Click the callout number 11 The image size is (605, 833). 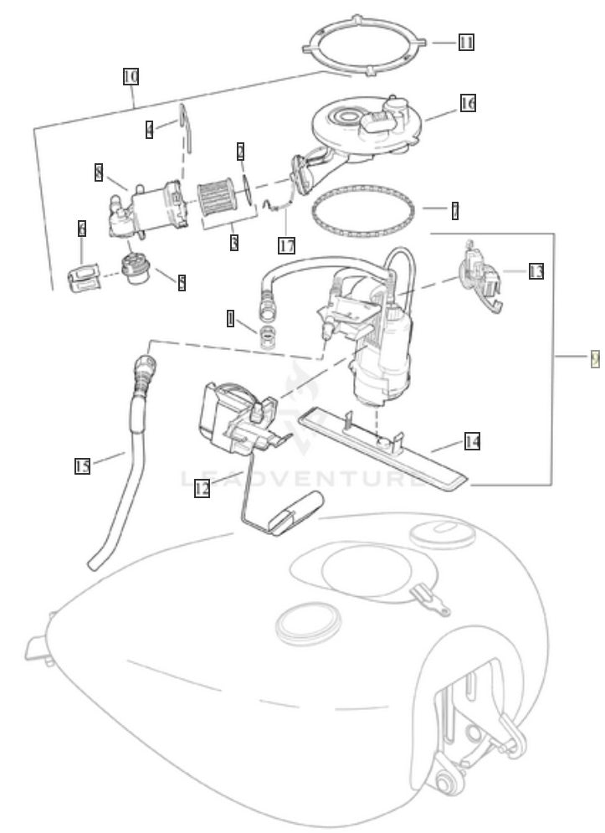point(466,42)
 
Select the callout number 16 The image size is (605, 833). point(467,103)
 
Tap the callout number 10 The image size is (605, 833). point(131,77)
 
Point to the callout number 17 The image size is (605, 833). point(287,244)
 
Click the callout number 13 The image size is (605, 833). point(536,271)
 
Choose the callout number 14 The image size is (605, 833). point(472,441)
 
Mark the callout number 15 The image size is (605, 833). point(82,466)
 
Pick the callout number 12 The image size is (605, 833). point(202,488)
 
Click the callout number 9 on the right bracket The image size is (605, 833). point(595,357)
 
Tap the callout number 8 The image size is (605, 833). point(100,172)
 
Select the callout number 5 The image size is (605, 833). point(181,282)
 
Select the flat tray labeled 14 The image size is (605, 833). point(385,445)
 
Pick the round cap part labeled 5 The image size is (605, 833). point(135,270)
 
